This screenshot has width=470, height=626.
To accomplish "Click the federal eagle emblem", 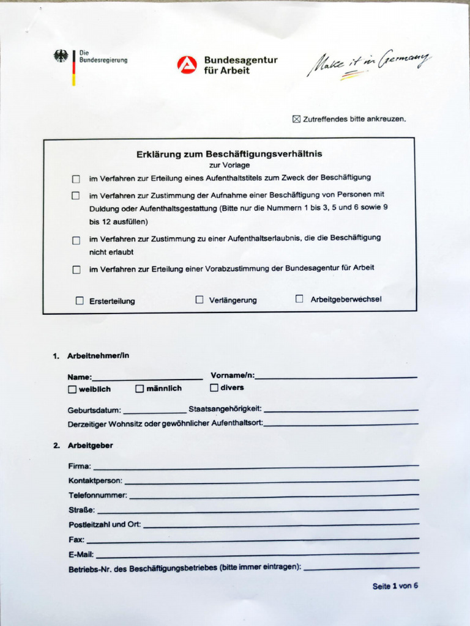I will [x=61, y=56].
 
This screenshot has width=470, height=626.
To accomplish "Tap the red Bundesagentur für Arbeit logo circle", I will [x=187, y=65].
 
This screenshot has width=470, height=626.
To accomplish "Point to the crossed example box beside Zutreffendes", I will [x=297, y=119].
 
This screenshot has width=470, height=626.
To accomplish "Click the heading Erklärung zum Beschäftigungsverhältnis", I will [x=229, y=154].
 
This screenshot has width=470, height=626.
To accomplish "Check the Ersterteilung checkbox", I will [x=80, y=301].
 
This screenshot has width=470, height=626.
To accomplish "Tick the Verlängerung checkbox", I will [x=200, y=300].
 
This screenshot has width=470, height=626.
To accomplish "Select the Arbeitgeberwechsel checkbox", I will [x=299, y=299].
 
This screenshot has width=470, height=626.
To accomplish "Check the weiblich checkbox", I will [x=72, y=389].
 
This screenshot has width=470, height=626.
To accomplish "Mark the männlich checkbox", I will [x=140, y=389].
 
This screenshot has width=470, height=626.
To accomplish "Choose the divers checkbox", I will [x=214, y=388].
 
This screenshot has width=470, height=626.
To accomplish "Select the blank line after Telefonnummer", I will [x=274, y=496].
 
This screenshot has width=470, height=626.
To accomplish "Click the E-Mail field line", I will [x=257, y=554].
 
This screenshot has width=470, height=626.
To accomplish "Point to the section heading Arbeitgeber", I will [x=90, y=446].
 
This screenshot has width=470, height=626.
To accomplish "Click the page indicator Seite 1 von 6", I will [x=395, y=586].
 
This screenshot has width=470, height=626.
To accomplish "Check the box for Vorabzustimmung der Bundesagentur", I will [x=76, y=270].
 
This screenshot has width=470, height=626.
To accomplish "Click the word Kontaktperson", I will [x=95, y=481].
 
